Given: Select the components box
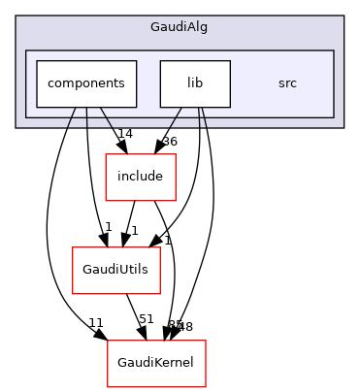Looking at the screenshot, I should pos(86,83).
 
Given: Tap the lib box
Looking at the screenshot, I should pos(195,83).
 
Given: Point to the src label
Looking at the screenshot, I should pos(287,83).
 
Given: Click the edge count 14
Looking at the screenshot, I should pos(124,133).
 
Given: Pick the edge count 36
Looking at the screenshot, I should pos(170,142).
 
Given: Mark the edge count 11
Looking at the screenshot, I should pos(96,321).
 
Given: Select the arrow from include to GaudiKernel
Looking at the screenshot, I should pos(173,262).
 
